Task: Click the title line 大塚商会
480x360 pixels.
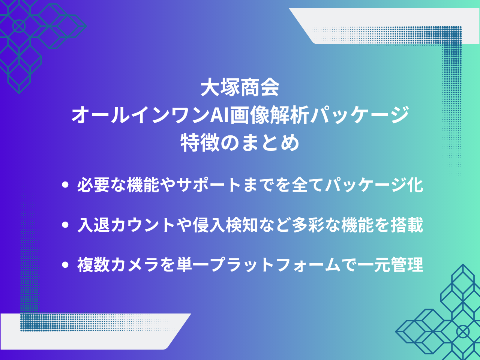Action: coord(240,88)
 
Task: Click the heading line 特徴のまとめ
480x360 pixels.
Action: coord(240,143)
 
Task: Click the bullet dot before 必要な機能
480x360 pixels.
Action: coord(66,185)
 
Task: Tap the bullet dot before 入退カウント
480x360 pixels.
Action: coord(66,225)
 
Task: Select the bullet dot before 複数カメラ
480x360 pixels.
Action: coord(66,265)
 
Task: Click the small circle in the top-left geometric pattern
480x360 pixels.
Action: coord(19,26)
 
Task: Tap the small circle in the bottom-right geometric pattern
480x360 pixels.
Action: coord(463,331)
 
